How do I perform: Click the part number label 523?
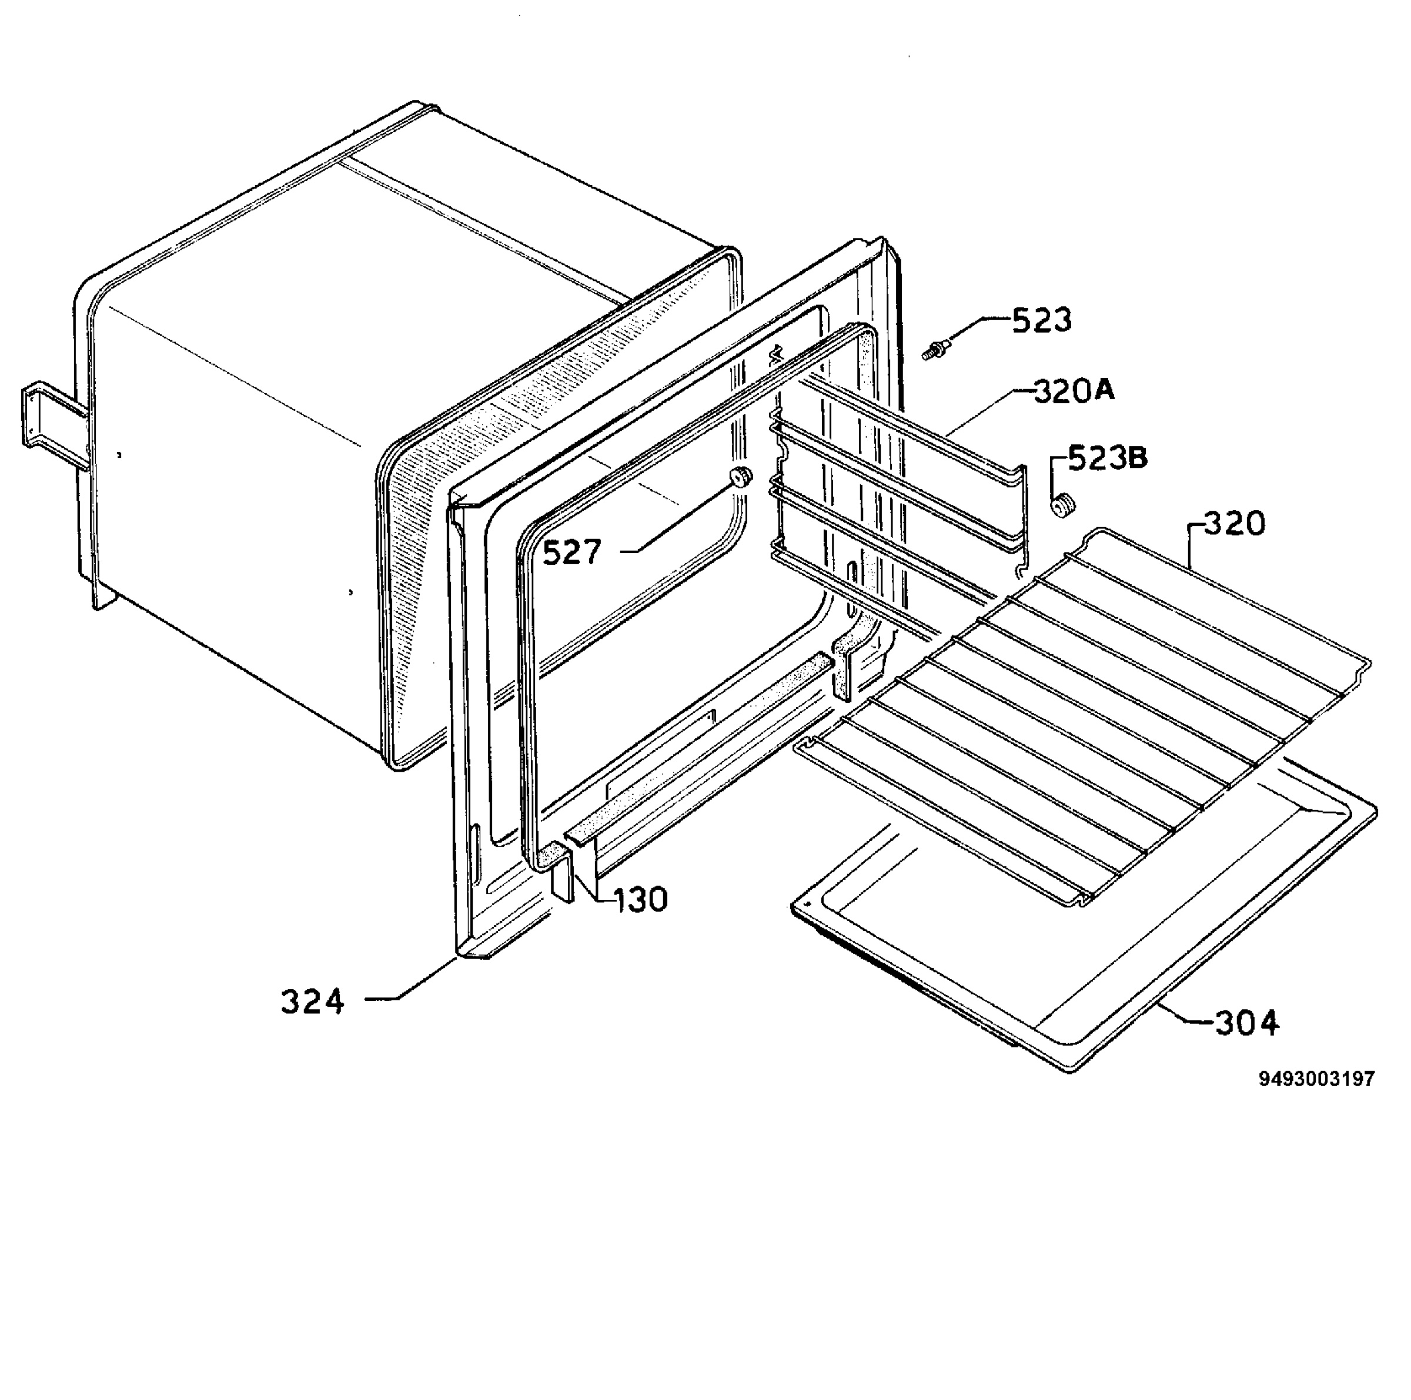[x=1041, y=320]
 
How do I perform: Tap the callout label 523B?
[x=1108, y=458]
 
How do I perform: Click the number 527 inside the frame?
[x=572, y=552]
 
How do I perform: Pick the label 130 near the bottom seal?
[x=640, y=900]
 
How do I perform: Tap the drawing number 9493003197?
[x=1317, y=1079]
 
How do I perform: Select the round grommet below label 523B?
[x=1062, y=504]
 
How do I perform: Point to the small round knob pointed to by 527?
[x=741, y=476]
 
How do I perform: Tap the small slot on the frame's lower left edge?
[x=477, y=855]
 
